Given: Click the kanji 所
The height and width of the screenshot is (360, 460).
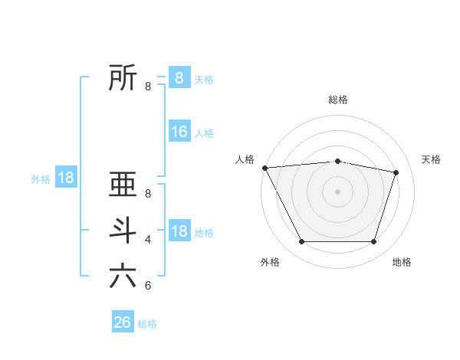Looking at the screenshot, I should tap(123, 77).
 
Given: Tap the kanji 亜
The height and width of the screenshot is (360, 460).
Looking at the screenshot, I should tap(123, 185).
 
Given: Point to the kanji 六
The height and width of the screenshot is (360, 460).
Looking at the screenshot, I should tap(123, 276).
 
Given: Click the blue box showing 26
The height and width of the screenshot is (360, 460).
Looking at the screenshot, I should tap(123, 322).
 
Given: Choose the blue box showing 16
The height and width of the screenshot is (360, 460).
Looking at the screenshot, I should tap(179, 132).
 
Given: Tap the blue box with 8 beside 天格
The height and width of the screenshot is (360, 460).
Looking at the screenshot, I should tap(179, 78).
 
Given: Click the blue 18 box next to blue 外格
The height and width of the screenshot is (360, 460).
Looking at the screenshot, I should tap(66, 178).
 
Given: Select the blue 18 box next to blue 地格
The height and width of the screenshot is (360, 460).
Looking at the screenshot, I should tap(179, 231).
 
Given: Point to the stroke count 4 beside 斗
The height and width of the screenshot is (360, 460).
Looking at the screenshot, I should tap(148, 240).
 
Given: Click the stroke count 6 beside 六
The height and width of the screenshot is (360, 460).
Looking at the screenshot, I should tap(148, 286).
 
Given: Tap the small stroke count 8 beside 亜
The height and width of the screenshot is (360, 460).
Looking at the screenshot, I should tap(148, 194).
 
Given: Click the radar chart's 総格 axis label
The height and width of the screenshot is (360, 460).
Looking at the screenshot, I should tap(338, 100).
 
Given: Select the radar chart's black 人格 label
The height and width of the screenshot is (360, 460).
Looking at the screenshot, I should tap(245, 159).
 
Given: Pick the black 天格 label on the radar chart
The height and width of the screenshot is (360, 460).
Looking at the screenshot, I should tap(432, 159).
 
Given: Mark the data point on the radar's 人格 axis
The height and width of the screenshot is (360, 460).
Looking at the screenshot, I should tap(264, 168).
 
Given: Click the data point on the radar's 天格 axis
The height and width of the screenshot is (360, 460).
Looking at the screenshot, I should tap(396, 172).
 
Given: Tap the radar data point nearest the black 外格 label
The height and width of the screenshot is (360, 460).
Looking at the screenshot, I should tap(301, 242).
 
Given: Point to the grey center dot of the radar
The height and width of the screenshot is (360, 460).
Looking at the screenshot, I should tap(338, 191).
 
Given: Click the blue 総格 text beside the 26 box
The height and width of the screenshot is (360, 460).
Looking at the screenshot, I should tap(147, 324).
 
